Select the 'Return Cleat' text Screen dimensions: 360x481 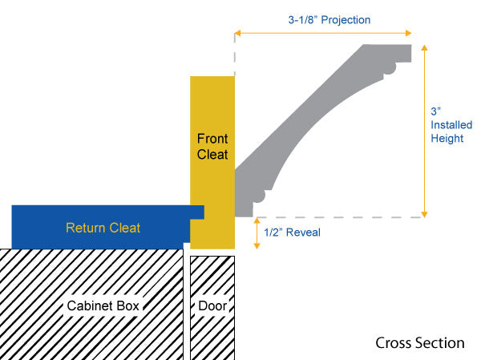103,228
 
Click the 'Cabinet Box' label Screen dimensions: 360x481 103,305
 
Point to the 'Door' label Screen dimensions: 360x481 212,305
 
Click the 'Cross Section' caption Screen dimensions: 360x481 419,342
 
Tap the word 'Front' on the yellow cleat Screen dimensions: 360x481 212,139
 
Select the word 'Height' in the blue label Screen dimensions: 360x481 447,138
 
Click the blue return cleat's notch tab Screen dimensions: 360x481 197,213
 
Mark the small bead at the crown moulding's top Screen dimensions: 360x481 389,69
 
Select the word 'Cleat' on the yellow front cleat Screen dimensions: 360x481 212,154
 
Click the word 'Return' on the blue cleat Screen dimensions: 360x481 85,228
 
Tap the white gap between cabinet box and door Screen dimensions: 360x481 187,305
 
